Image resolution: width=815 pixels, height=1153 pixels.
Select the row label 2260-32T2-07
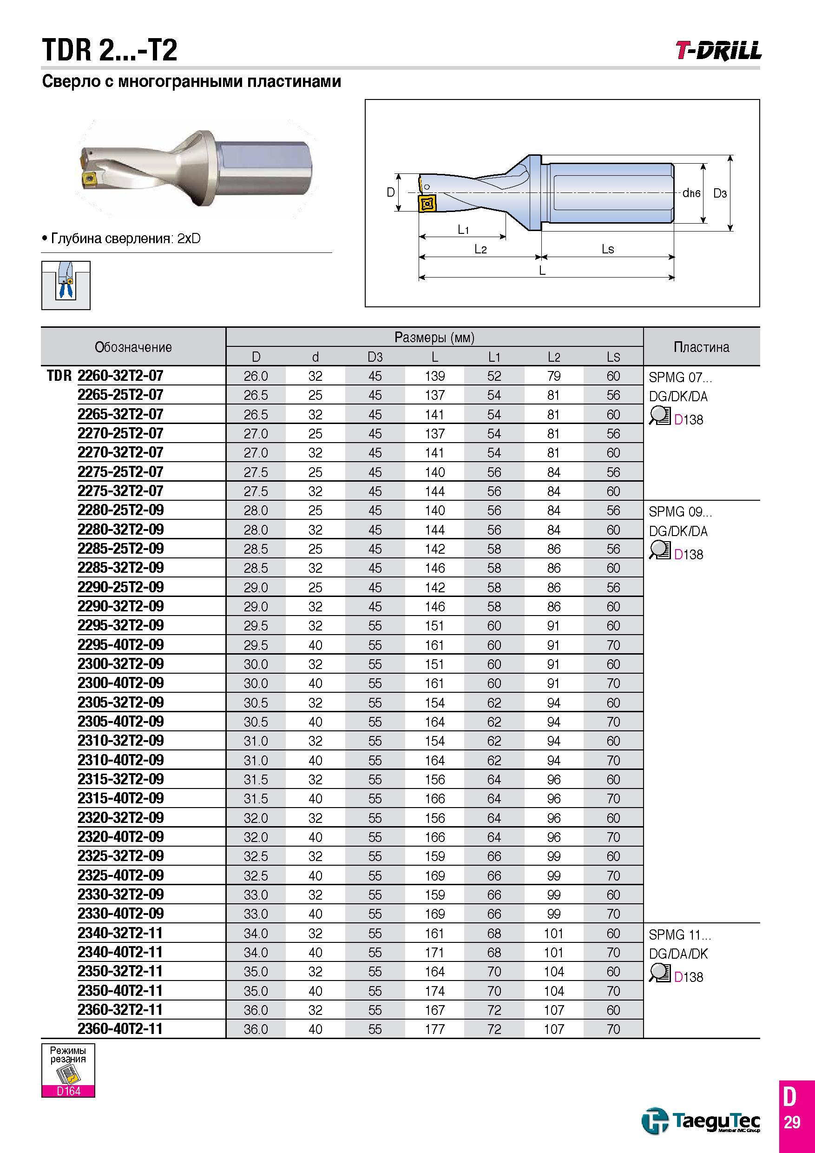click(120, 376)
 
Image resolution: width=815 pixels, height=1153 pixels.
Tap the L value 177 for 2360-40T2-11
click(434, 1029)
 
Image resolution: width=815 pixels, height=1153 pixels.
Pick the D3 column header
click(375, 357)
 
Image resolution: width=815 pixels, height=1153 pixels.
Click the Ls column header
click(613, 357)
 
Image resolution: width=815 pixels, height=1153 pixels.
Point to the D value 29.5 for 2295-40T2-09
click(256, 645)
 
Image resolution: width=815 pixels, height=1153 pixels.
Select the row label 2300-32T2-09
click(120, 664)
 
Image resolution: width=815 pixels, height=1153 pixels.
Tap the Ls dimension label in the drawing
click(608, 249)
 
